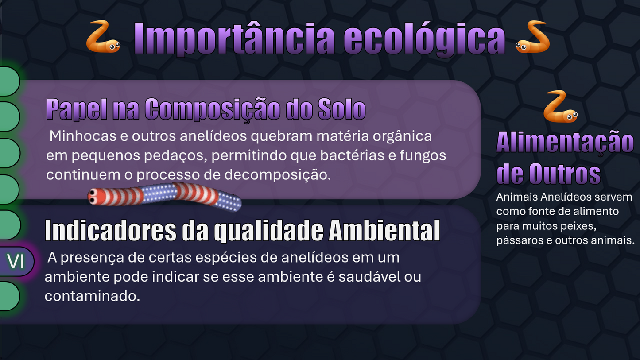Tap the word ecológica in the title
(x=425, y=39)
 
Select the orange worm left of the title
(x=103, y=37)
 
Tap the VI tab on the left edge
(x=16, y=261)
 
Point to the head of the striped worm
(x=94, y=196)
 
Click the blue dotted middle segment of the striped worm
(x=159, y=194)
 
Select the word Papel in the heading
(x=71, y=109)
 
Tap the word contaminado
(x=92, y=296)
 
